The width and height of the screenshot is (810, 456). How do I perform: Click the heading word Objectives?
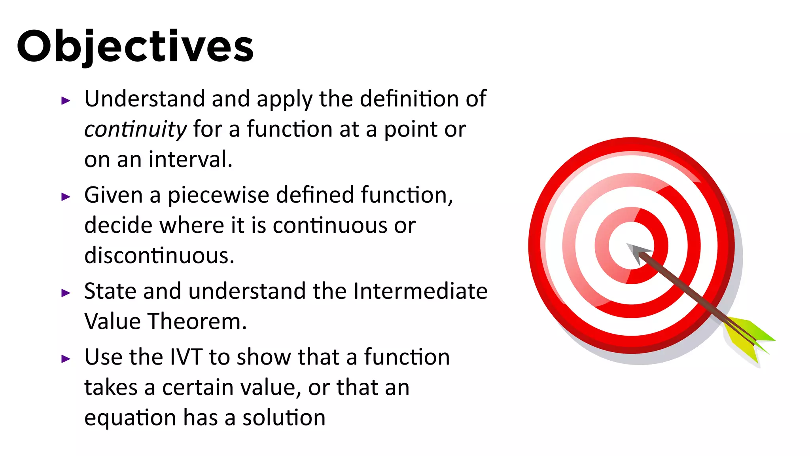[x=135, y=47]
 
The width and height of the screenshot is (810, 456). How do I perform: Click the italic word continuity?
[x=135, y=129]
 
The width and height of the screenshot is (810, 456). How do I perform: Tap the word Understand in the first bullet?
[x=145, y=99]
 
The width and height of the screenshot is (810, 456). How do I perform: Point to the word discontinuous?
[x=159, y=255]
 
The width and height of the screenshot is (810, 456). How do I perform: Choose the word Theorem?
[x=197, y=321]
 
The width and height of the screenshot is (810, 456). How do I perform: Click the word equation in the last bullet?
[x=130, y=418]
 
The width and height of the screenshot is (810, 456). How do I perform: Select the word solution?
[x=284, y=418]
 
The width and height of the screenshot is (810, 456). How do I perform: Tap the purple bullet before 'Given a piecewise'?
[x=66, y=197]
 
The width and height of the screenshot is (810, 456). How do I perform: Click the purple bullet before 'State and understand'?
[x=66, y=293]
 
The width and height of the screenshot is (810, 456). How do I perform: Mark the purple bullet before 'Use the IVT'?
[x=66, y=359]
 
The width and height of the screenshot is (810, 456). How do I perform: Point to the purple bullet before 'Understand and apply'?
[x=66, y=101]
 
